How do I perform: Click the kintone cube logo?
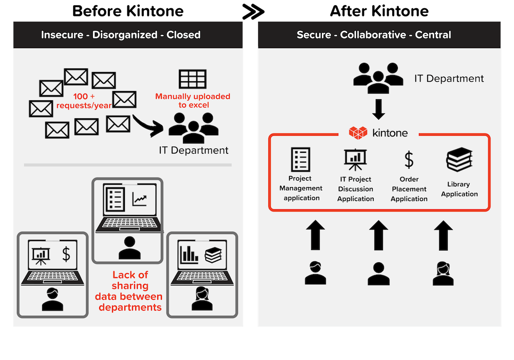tap(359, 132)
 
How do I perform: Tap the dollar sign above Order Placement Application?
tap(409, 160)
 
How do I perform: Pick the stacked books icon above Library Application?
tap(459, 159)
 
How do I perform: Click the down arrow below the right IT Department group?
tap(378, 109)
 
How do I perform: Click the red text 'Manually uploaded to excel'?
tap(193, 101)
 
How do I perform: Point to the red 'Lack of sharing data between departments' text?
tap(130, 291)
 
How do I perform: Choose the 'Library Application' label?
tap(459, 189)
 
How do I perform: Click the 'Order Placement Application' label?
tap(409, 189)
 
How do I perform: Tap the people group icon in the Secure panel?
tap(378, 77)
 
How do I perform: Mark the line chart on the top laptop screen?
tap(140, 198)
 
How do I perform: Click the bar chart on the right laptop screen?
tap(189, 254)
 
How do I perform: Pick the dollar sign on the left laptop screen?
tap(66, 254)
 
